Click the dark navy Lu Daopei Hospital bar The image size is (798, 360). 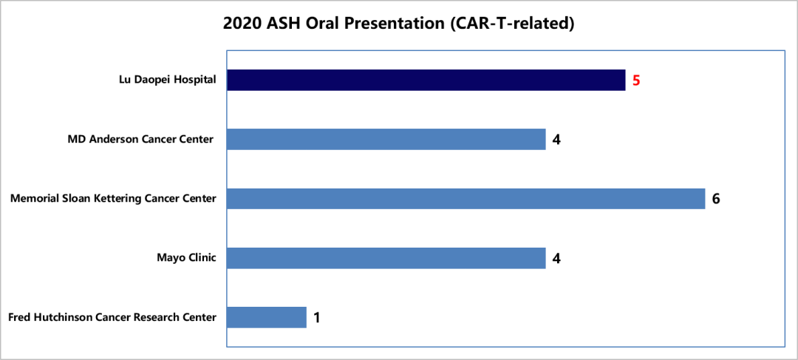coord(426,80)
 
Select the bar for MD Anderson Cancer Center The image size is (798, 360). coord(386,139)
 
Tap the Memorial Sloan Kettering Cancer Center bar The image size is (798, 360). coord(465,199)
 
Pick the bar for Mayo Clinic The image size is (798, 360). coord(386,258)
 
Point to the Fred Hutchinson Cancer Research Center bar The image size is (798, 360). coord(267,317)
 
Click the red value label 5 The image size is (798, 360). coord(636,81)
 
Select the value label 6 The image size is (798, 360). coord(716,199)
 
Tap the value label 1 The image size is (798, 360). coord(316,318)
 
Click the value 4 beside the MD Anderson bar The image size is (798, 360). coord(556,140)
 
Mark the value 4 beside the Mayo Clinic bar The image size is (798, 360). coord(556,258)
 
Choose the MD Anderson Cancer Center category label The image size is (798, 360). coord(140,139)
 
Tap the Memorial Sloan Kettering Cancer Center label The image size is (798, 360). coord(114,199)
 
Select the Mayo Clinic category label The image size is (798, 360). coord(186,258)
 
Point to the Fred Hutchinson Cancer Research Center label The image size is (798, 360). coord(112,317)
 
